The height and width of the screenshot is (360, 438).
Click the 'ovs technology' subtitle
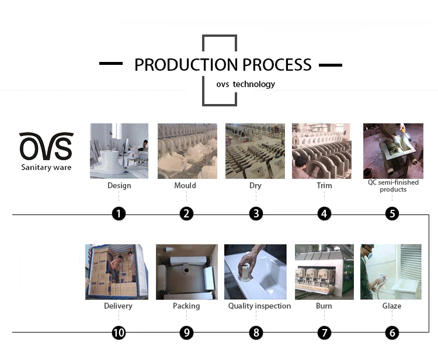pos(245,84)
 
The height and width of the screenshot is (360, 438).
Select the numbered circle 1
pos(119,214)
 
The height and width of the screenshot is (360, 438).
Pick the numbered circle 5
pos(392,214)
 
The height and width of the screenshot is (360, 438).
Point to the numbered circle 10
pos(119,333)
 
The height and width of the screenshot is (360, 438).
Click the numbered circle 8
pos(256,333)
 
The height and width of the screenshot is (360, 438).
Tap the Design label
pos(119,186)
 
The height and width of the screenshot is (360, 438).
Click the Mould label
pos(185,186)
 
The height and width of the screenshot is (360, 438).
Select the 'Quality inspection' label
pos(259,306)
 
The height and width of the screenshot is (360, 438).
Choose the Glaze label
pos(392,306)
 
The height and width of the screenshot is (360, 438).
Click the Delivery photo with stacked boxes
pos(117,272)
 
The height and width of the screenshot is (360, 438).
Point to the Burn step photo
pos(324,272)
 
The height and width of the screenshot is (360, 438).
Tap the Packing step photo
pos(186,272)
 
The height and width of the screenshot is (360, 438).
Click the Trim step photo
pos(321,150)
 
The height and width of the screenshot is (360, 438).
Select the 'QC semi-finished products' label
pos(393,186)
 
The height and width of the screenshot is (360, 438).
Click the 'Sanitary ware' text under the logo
pos(46,168)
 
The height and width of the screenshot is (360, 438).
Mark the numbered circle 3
pos(256,214)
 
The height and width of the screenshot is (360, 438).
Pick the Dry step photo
pos(255,150)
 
